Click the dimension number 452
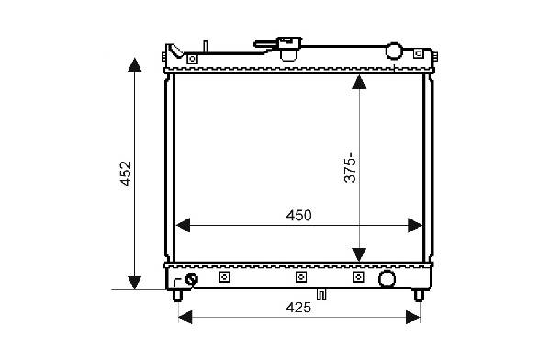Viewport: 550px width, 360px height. (126, 174)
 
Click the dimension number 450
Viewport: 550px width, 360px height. (298, 216)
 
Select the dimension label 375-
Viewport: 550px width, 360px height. (350, 168)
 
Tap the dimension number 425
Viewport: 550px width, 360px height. (298, 308)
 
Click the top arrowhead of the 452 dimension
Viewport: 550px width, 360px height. (135, 64)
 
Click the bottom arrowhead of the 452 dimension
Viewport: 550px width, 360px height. (135, 283)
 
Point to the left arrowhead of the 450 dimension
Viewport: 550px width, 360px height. (183, 225)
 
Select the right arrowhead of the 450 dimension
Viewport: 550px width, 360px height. (415, 225)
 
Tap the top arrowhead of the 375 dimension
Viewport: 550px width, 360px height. (359, 82)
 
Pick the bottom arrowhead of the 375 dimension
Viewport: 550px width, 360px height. (359, 254)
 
